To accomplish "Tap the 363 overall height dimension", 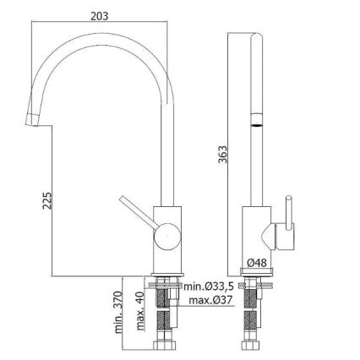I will pos(221,155).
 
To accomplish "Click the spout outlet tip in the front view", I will pos(32,118).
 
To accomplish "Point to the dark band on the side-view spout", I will pos(255,123).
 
